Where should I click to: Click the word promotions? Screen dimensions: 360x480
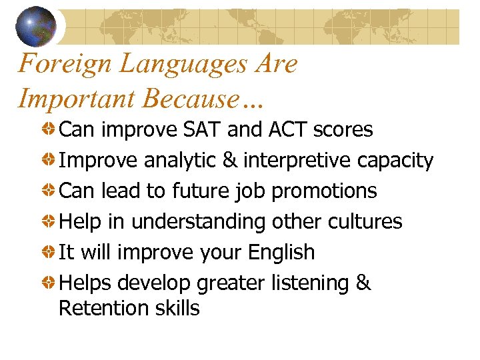[324, 191]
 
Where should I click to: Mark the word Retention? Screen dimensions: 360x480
[101, 308]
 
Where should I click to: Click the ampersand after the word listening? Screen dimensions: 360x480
[363, 283]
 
